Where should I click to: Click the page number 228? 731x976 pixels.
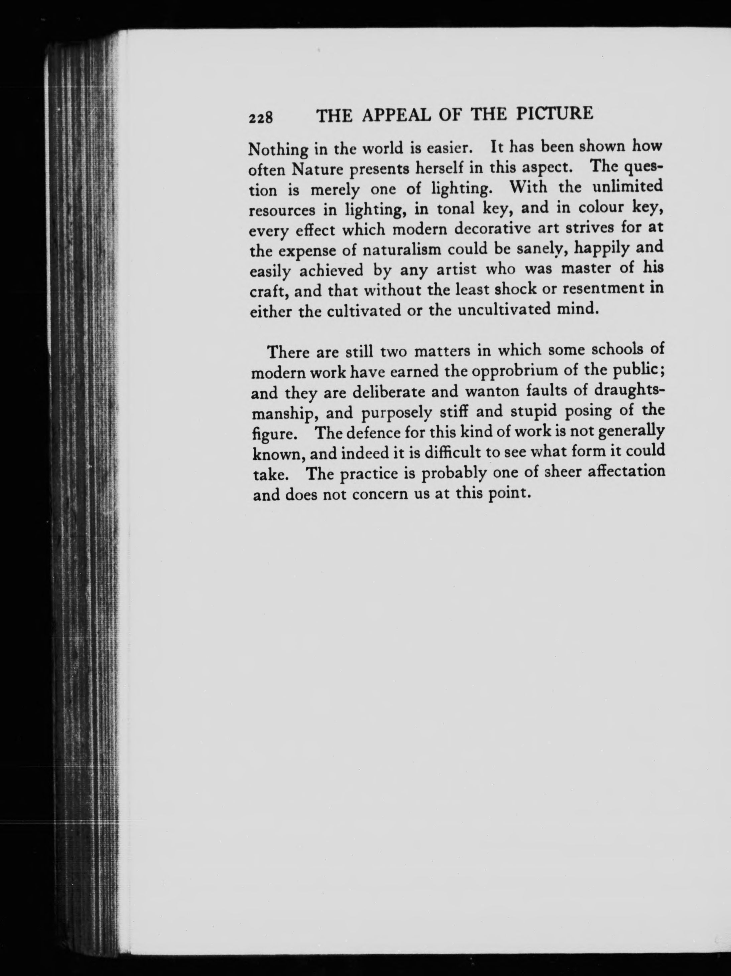click(x=261, y=118)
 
